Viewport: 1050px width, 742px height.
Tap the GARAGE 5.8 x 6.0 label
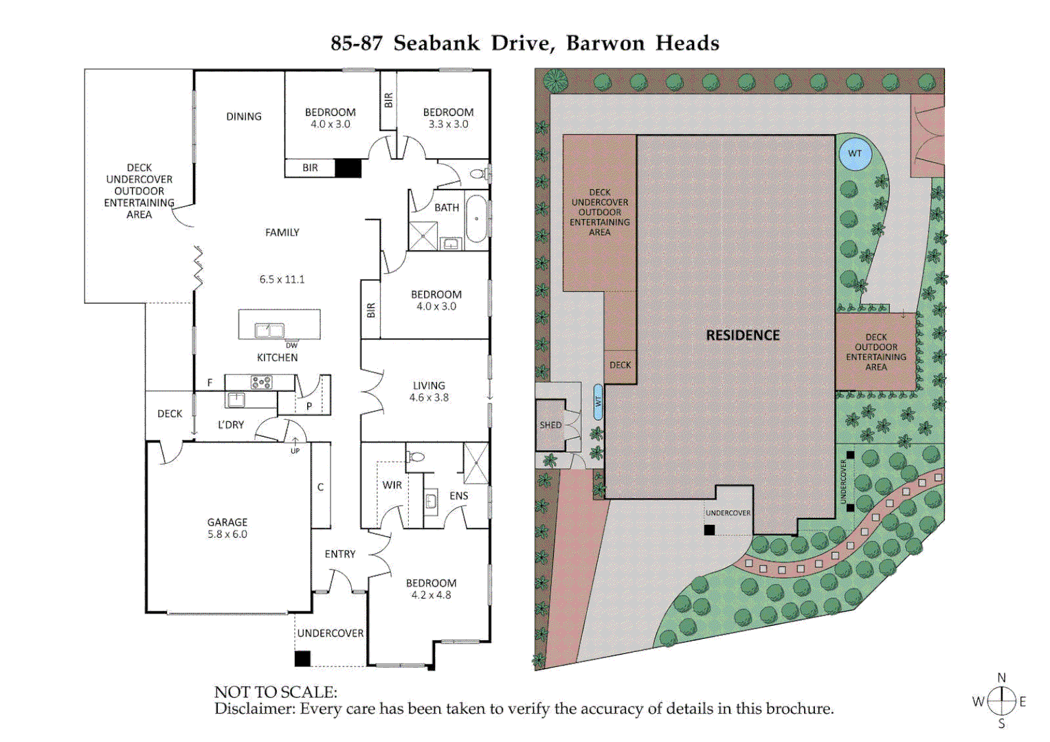point(227,528)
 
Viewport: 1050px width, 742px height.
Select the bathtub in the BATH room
point(476,218)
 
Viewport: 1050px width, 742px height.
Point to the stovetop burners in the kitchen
point(261,382)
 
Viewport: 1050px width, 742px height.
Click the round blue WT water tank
point(855,154)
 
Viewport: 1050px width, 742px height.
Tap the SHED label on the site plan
point(550,425)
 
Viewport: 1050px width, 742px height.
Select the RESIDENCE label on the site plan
point(743,335)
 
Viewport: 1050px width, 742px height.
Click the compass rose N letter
point(1001,678)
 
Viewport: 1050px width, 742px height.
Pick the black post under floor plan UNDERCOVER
point(302,658)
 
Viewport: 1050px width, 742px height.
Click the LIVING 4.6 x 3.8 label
point(429,392)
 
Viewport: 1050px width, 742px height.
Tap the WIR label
point(392,485)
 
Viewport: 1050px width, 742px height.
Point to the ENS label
point(459,496)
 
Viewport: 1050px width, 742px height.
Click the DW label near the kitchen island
point(292,346)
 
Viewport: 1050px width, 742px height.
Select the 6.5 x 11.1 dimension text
point(282,280)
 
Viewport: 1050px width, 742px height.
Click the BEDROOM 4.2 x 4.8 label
point(431,589)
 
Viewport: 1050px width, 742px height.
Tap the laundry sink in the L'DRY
point(236,399)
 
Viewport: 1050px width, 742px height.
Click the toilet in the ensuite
point(416,457)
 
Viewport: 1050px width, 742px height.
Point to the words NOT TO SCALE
point(276,692)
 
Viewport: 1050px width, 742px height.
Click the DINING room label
point(244,117)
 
